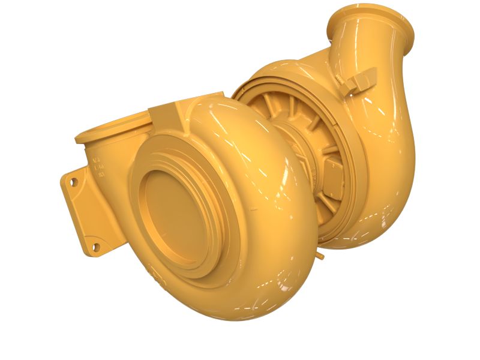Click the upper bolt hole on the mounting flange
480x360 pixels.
74,180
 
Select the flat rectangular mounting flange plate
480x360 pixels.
84,213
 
